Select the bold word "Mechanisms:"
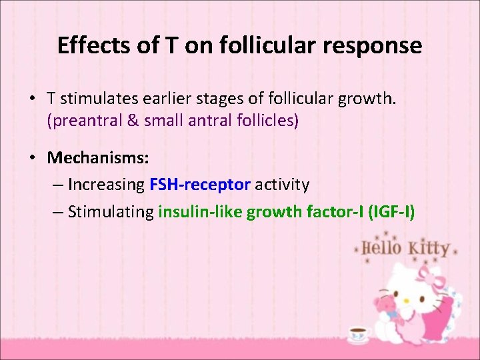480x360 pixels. point(98,158)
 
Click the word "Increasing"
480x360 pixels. point(106,183)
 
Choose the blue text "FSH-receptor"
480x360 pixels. point(200,183)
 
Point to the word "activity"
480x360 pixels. point(282,183)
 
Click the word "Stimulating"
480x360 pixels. point(111,212)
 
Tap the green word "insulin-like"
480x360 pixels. point(199,212)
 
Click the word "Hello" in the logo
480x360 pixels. point(382,249)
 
